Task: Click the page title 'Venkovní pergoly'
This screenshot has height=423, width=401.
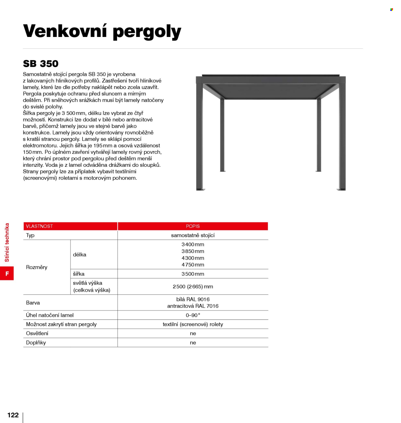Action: pyautogui.click(x=102, y=32)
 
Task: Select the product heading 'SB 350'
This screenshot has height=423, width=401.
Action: pyautogui.click(x=41, y=64)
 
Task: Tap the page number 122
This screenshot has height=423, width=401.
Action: pyautogui.click(x=13, y=415)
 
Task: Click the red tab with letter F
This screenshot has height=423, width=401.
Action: pyautogui.click(x=7, y=274)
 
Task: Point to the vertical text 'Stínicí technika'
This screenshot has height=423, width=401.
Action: pyautogui.click(x=7, y=242)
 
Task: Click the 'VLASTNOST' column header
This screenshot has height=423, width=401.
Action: pyautogui.click(x=39, y=226)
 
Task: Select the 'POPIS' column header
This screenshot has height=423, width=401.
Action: pyautogui.click(x=193, y=226)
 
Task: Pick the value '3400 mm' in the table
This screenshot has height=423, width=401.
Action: pyautogui.click(x=193, y=245)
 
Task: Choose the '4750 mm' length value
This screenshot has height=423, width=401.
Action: pyautogui.click(x=193, y=265)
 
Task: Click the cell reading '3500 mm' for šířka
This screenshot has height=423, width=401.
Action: pyautogui.click(x=193, y=274)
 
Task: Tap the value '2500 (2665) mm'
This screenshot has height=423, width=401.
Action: pyautogui.click(x=193, y=286)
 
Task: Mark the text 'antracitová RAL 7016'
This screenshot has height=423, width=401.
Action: pyautogui.click(x=193, y=306)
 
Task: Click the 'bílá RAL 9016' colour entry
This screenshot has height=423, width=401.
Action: pyautogui.click(x=193, y=299)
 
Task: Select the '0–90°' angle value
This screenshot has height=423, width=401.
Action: pyautogui.click(x=193, y=315)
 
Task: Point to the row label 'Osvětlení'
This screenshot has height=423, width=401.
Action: pyautogui.click(x=37, y=333)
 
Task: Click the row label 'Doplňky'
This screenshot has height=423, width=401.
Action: pyautogui.click(x=36, y=343)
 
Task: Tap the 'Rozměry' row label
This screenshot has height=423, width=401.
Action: pyautogui.click(x=37, y=267)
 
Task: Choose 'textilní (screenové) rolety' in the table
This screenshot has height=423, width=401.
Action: pyautogui.click(x=193, y=324)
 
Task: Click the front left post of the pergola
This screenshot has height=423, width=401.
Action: pyautogui.click(x=200, y=138)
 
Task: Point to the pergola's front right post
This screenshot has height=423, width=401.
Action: pyautogui.click(x=342, y=138)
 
